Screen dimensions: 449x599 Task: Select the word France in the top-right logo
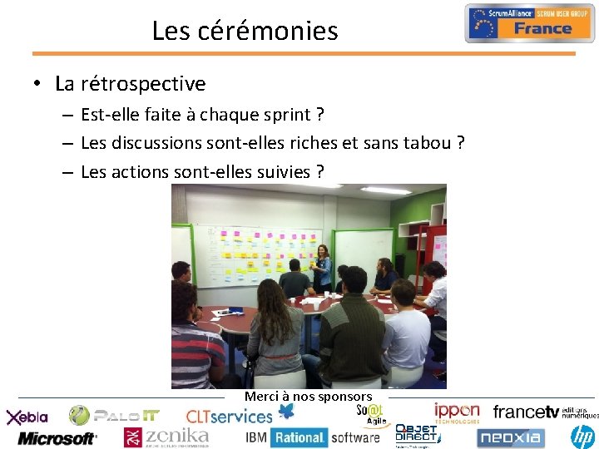pos(542,29)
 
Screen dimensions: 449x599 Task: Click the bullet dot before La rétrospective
pos(38,84)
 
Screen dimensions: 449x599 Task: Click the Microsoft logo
pos(57,437)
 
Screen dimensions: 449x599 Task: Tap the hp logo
pos(584,435)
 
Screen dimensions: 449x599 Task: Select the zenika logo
pos(166,437)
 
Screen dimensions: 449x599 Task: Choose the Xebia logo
pos(27,417)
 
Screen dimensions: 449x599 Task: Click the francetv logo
pos(526,412)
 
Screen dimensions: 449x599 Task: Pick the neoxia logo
pos(510,436)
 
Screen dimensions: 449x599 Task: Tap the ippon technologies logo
pos(457,412)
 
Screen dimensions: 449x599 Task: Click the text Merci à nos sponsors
pos(308,397)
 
